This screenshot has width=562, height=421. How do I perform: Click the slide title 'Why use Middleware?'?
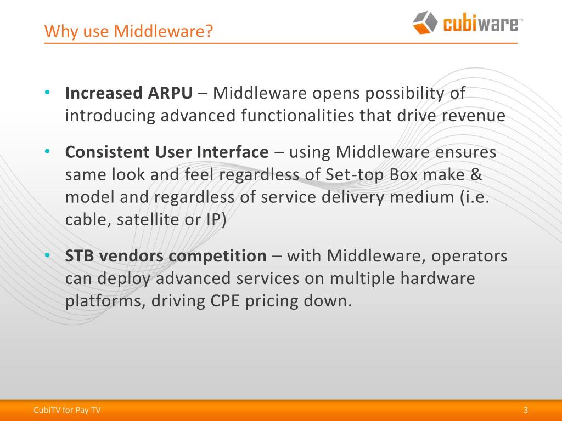click(128, 31)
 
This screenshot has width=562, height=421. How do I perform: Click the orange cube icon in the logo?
click(425, 22)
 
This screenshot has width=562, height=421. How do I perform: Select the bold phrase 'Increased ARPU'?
click(129, 93)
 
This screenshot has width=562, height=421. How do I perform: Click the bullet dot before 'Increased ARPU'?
click(48, 92)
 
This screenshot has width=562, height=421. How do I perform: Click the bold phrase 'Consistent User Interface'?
click(167, 152)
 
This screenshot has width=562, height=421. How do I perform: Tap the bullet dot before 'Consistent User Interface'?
click(48, 151)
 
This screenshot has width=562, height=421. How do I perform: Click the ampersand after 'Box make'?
click(476, 175)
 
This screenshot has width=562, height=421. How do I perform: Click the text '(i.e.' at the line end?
click(473, 198)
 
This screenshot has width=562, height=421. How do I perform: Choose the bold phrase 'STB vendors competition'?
click(165, 256)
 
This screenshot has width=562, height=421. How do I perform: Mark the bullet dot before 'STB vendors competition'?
click(48, 255)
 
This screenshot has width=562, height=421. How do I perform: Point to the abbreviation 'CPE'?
click(228, 301)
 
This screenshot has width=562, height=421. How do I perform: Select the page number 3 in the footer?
click(526, 410)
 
